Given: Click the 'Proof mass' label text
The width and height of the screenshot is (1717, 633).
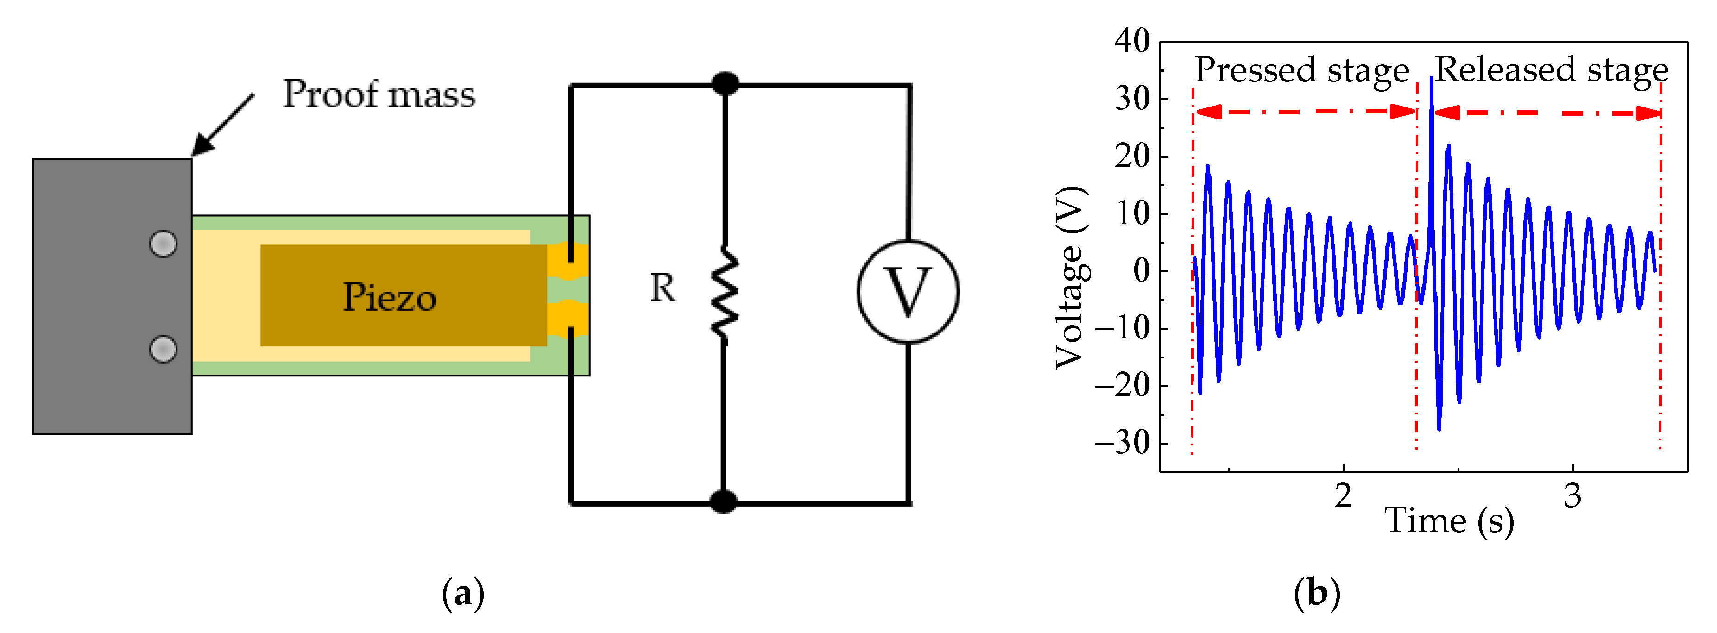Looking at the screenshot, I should (x=379, y=94).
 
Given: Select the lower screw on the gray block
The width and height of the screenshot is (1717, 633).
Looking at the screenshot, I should (x=163, y=349).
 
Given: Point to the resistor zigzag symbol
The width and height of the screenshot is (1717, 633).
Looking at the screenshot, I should (x=725, y=293).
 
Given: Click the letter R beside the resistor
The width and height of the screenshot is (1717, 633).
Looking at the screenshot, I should (x=663, y=288).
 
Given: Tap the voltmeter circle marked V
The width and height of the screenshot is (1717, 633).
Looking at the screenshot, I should (x=908, y=292).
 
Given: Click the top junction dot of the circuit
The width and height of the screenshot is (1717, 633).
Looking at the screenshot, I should (x=725, y=84).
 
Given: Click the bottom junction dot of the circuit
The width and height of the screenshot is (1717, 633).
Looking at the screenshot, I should (x=723, y=502).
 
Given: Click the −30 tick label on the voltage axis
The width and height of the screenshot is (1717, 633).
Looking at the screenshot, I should (x=1123, y=442).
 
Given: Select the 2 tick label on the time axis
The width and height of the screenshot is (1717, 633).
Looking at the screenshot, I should (x=1343, y=496).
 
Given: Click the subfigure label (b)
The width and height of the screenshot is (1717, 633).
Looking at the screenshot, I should (x=1316, y=593).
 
